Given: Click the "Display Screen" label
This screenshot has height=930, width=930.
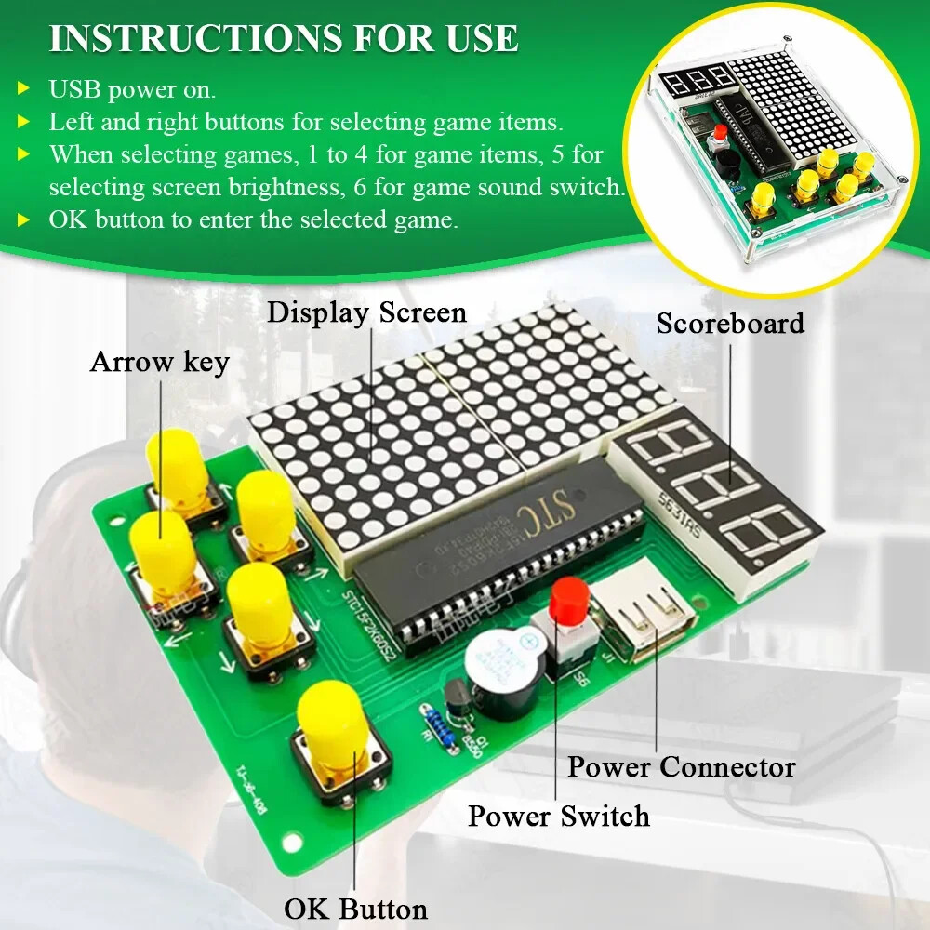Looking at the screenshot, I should tap(366, 312).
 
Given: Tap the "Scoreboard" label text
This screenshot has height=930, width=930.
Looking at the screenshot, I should tap(730, 324).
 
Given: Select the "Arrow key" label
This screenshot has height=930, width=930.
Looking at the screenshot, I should tap(159, 362).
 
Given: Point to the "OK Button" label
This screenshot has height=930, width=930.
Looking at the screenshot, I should tap(355, 909).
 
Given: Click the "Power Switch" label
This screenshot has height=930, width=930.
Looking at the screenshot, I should tap(558, 817).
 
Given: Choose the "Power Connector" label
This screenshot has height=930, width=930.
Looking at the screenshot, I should tap(682, 767).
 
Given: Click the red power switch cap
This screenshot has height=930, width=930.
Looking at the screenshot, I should tap(566, 602).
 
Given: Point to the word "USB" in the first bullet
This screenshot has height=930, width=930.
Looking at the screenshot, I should tap(73, 90).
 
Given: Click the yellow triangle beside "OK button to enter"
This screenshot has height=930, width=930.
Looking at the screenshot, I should tap(23, 220).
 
